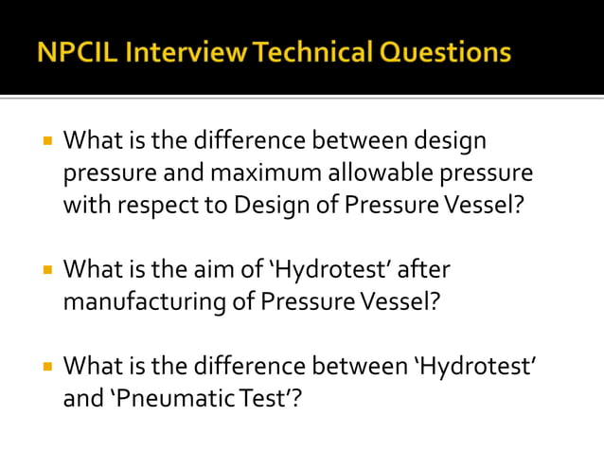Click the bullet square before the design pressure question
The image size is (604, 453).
tap(44, 141)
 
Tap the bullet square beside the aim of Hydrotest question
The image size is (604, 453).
tap(44, 271)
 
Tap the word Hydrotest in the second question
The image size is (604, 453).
tap(337, 270)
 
